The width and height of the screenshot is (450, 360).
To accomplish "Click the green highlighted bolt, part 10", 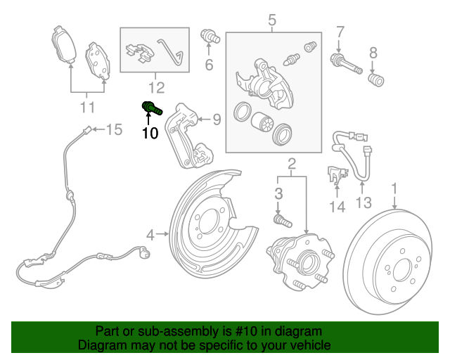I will (x=151, y=108).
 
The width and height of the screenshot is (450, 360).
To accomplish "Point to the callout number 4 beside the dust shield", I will (x=150, y=234).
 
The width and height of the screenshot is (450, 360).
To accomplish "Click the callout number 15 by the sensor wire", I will (x=114, y=129).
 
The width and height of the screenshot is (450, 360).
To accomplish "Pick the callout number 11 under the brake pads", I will (x=87, y=107).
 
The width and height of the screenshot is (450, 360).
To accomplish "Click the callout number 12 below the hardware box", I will (x=155, y=87).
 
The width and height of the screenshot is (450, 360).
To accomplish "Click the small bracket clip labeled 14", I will (x=335, y=174).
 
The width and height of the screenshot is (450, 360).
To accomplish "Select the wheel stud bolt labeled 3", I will (x=281, y=221).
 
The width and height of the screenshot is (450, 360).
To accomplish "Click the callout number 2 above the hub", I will (x=290, y=165).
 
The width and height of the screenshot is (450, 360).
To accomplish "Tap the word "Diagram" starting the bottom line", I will (x=102, y=345).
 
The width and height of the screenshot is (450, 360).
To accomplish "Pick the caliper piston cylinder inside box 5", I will (x=265, y=122).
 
